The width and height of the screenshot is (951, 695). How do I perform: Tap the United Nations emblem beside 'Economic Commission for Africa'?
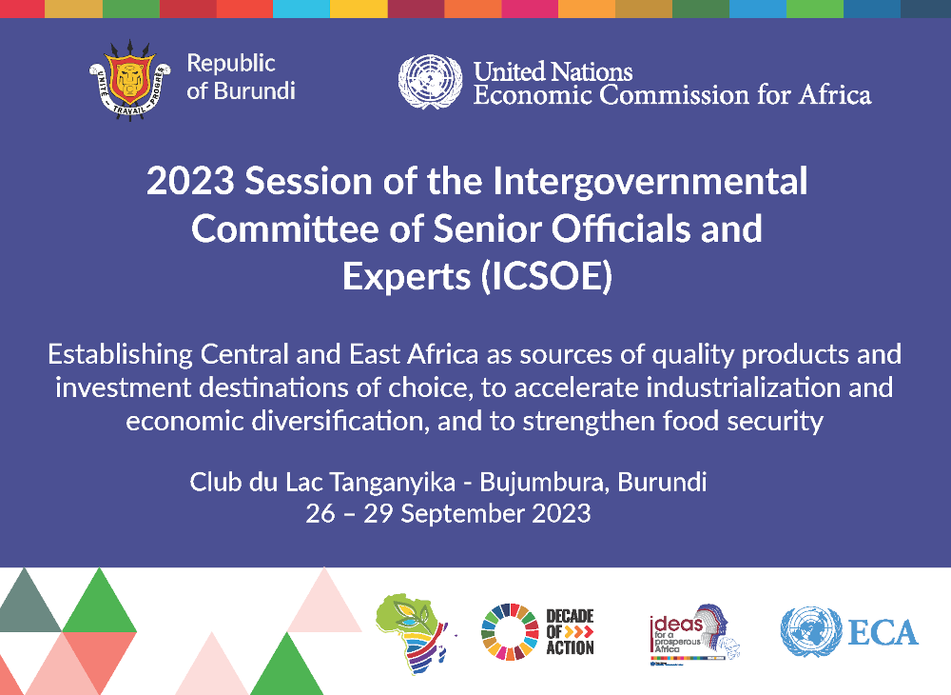coord(430,81)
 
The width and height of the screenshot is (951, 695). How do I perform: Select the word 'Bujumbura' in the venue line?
coord(543,482)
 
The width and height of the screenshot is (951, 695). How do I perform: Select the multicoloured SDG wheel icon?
coord(511,631)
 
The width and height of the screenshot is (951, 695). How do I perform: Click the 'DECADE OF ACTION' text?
coord(570,632)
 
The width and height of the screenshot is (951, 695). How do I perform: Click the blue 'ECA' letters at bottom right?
coord(884,632)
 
